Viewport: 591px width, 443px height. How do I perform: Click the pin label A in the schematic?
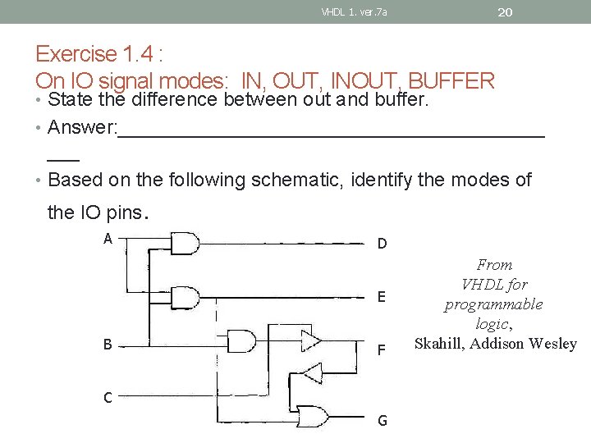[x=108, y=239]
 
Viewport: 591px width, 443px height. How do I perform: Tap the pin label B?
[x=108, y=345]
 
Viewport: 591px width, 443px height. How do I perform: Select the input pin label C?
[x=108, y=398]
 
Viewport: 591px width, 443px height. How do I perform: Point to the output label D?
[x=382, y=244]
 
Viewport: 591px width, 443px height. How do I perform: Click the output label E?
[x=382, y=297]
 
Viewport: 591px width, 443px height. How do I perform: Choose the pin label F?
[x=382, y=350]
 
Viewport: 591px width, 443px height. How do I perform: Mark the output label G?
[x=382, y=421]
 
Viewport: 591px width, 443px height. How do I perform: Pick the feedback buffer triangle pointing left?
[x=311, y=373]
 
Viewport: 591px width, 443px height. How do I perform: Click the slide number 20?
[x=505, y=11]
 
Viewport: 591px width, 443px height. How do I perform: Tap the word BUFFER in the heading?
[x=451, y=81]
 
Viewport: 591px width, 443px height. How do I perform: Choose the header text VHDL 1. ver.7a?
[x=354, y=11]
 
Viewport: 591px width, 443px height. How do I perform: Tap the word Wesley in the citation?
[x=553, y=344]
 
